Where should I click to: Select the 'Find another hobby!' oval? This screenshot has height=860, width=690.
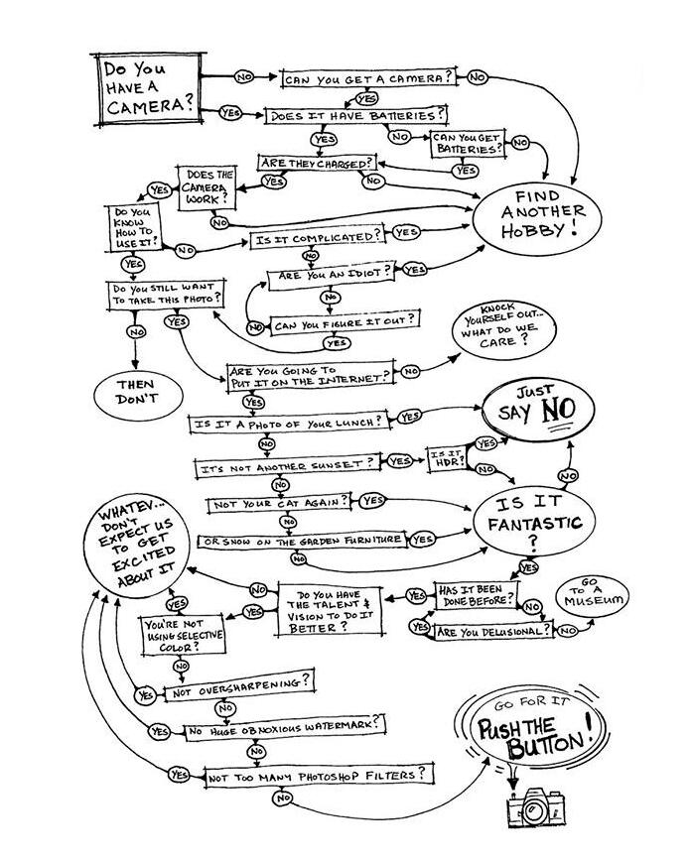tap(542, 213)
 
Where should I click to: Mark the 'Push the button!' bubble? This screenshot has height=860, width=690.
tap(539, 734)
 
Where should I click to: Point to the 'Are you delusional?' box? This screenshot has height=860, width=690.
tap(491, 631)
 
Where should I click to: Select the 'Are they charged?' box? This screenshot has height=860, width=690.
tap(317, 163)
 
